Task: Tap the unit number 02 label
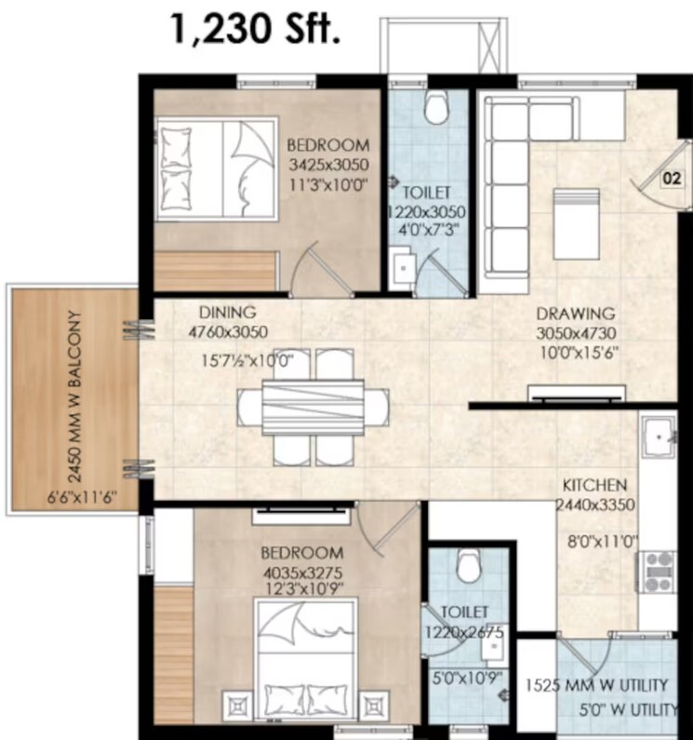(x=670, y=179)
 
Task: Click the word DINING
(x=227, y=313)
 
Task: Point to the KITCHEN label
(x=593, y=486)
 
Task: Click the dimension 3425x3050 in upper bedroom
(x=327, y=165)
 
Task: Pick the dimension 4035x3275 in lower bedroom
(x=309, y=572)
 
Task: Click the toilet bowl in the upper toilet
(x=434, y=108)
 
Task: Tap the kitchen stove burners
(x=659, y=567)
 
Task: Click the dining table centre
(x=313, y=407)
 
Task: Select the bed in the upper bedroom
(x=213, y=168)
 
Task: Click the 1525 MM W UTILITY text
(x=594, y=686)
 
